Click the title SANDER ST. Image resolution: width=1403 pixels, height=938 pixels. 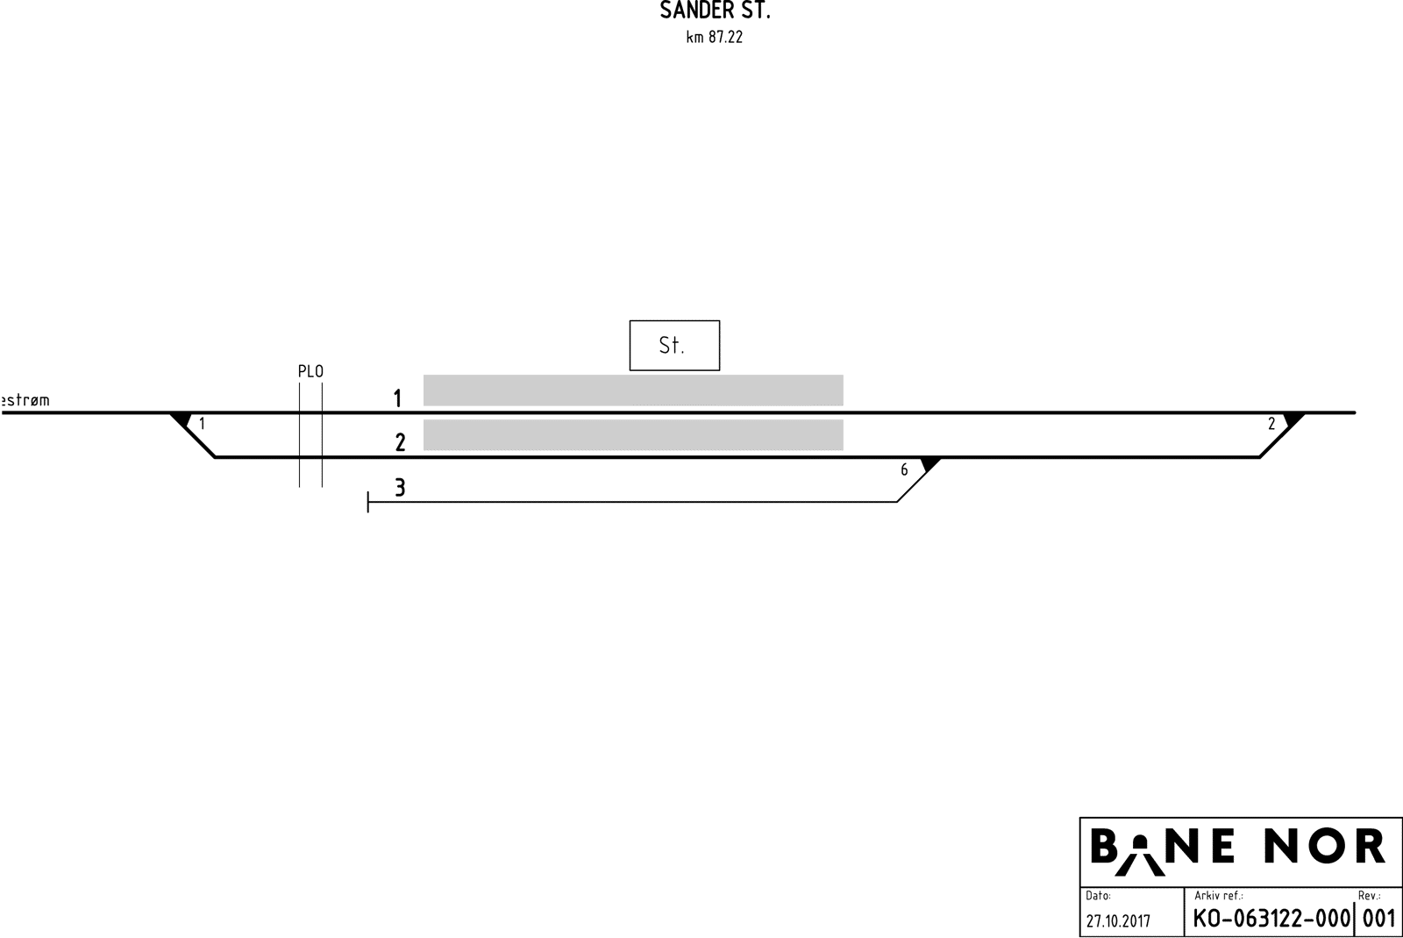(x=715, y=11)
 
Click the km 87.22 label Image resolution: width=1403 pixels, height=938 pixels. (x=715, y=38)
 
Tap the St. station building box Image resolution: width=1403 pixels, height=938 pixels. (x=674, y=345)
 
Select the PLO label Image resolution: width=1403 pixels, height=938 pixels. (x=310, y=371)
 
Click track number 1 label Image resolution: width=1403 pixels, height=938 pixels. (x=397, y=398)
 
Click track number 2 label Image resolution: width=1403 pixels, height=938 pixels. (x=400, y=442)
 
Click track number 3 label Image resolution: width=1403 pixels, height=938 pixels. (x=400, y=487)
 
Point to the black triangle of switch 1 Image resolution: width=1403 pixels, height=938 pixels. (x=182, y=419)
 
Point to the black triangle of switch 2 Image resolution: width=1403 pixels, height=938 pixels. (x=1293, y=419)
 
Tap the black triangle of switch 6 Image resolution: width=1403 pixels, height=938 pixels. (x=929, y=463)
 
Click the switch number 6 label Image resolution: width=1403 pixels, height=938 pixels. (x=904, y=470)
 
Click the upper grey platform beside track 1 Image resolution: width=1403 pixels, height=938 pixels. (x=633, y=390)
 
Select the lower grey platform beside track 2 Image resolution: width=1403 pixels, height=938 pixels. (x=633, y=434)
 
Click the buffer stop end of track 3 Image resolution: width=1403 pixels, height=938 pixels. (x=368, y=502)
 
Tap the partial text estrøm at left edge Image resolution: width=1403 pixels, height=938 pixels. (x=25, y=400)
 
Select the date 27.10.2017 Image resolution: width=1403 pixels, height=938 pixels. (x=1118, y=921)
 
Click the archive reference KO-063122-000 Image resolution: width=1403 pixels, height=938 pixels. (x=1271, y=919)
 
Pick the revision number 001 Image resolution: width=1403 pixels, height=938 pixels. (x=1378, y=919)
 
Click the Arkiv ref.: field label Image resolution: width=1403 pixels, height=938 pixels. (x=1218, y=896)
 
